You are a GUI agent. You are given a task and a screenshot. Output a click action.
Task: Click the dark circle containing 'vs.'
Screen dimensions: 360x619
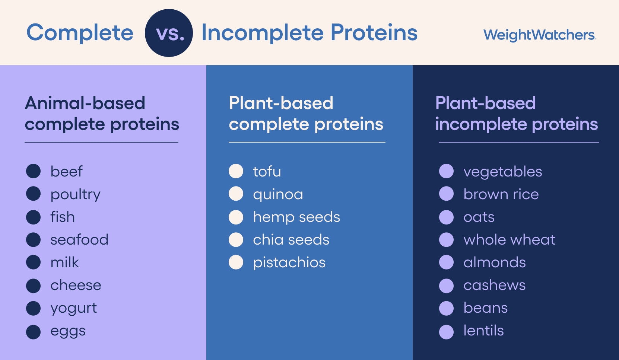(x=169, y=33)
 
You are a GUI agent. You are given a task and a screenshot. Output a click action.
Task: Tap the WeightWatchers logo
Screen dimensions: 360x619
(x=539, y=35)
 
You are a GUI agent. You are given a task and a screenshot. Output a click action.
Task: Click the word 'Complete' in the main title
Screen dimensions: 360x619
(x=80, y=33)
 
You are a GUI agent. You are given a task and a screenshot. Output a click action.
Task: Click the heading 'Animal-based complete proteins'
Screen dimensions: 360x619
(x=102, y=114)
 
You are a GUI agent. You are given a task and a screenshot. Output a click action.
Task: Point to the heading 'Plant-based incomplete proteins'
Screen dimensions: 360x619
(x=516, y=114)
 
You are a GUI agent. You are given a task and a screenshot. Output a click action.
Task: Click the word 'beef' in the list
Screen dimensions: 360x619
(x=66, y=172)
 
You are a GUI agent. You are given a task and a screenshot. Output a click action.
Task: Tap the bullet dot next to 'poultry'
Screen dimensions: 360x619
(x=34, y=194)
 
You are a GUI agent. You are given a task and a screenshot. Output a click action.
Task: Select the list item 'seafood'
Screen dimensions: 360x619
(x=79, y=240)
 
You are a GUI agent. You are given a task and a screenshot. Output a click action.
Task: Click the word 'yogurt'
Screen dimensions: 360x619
(x=74, y=308)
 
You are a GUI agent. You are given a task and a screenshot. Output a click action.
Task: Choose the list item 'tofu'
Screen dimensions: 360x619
(x=267, y=172)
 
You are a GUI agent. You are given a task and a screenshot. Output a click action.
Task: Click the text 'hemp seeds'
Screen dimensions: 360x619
(x=296, y=217)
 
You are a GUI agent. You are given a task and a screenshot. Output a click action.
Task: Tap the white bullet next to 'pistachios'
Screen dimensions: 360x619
(x=236, y=262)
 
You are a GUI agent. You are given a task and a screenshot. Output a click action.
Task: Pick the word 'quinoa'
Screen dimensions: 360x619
(x=278, y=195)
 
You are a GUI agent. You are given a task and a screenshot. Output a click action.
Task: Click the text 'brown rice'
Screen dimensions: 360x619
(x=501, y=194)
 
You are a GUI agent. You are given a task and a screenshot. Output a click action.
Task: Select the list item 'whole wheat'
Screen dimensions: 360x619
(x=509, y=240)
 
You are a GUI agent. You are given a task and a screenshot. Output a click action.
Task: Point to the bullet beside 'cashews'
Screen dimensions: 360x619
(x=446, y=286)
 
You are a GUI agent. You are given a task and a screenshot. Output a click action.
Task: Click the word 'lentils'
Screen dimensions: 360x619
(x=483, y=331)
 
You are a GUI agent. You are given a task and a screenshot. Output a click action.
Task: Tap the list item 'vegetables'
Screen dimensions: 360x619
(x=502, y=172)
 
